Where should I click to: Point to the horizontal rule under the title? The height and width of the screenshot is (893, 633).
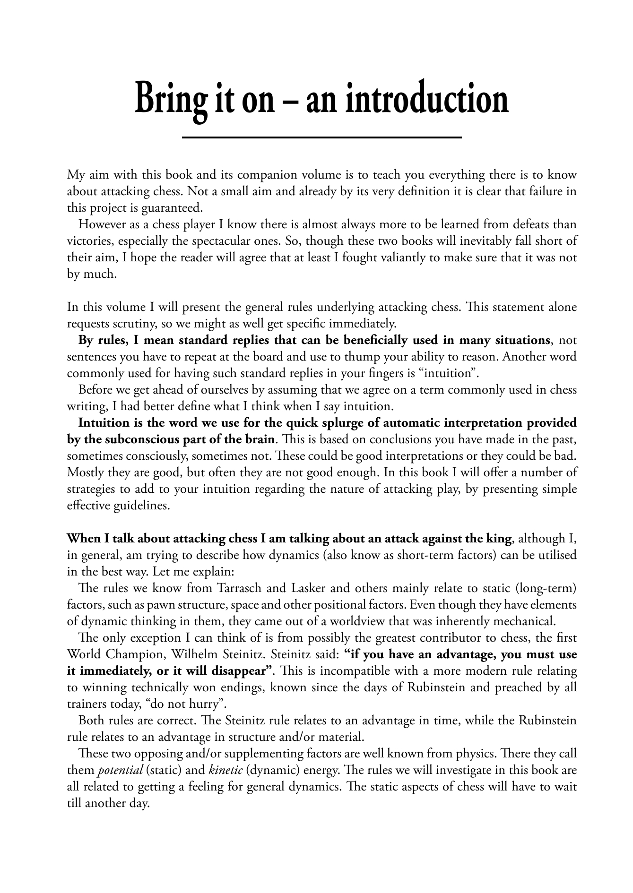coord(321,137)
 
